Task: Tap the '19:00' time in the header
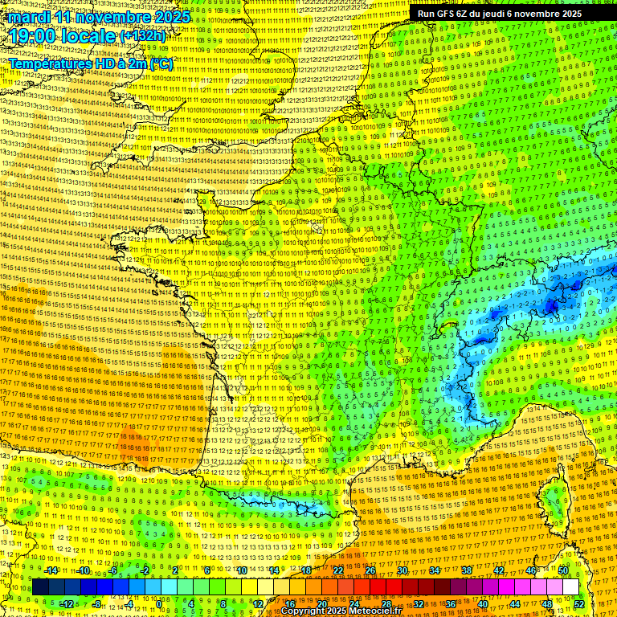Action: click(x=32, y=36)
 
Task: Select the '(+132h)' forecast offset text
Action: click(x=143, y=36)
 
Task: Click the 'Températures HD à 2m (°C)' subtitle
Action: click(x=90, y=63)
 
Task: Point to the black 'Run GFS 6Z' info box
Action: click(x=499, y=14)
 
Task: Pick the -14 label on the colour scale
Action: click(x=51, y=570)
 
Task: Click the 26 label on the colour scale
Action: click(x=370, y=570)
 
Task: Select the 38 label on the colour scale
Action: click(x=467, y=570)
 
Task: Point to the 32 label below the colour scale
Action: click(x=419, y=603)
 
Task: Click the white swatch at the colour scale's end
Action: click(x=570, y=587)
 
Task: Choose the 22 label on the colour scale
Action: click(x=338, y=570)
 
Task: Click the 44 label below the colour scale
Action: click(x=515, y=603)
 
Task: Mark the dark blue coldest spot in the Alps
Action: click(x=552, y=305)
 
